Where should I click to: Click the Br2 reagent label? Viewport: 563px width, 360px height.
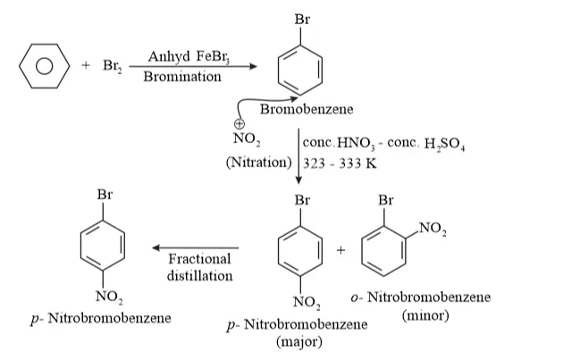pos(113,66)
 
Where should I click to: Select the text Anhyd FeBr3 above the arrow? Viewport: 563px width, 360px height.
pos(189,56)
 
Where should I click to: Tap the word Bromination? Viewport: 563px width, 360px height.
pos(182,77)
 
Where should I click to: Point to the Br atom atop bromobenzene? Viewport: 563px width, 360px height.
pos(302,19)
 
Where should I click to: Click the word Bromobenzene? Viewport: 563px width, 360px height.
pos(307,109)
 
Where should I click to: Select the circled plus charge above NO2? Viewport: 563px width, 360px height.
pos(239,124)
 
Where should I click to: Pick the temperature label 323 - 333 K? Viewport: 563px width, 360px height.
pos(340,163)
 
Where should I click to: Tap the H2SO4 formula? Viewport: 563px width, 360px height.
pos(444,145)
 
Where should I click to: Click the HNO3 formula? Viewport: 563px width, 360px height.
pos(356,144)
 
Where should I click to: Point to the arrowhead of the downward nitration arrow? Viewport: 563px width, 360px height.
pos(298,180)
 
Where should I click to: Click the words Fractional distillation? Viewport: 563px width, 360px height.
pos(199,267)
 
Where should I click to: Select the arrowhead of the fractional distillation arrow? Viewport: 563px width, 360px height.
pos(156,247)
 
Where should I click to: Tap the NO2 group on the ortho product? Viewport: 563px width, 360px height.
pos(433,229)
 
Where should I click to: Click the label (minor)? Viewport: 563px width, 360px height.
pos(425,316)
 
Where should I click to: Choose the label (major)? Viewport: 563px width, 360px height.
pos(299,341)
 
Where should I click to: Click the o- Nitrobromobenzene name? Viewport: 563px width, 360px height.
pos(420,297)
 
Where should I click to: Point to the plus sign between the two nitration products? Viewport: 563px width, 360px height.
pos(340,250)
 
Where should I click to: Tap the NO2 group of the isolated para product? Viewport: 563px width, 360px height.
pos(109,297)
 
